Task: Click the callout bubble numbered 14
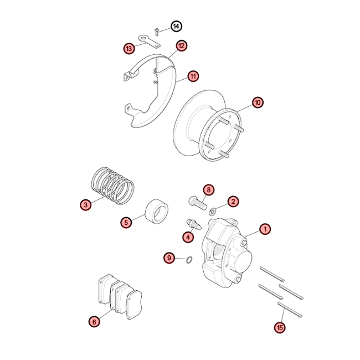coord(176,27)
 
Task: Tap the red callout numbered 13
coord(129,48)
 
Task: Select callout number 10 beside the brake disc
coord(258,102)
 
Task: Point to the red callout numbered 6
coord(94,322)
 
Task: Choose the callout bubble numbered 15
coord(280,327)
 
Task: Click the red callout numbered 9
coord(169,258)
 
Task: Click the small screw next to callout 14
coord(157,32)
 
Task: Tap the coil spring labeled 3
coord(113,186)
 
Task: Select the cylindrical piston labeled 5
coord(157,212)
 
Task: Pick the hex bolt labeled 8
coord(198,203)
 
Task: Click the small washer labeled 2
coord(212,212)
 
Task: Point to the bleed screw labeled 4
coord(193,224)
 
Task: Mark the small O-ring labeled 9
coord(189,260)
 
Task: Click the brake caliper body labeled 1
coord(226,253)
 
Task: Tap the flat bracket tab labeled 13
coord(149,42)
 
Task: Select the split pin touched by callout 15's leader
coord(290,310)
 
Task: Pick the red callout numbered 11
coord(193,76)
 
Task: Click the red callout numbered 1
coord(265,229)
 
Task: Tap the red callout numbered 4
coord(188,237)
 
